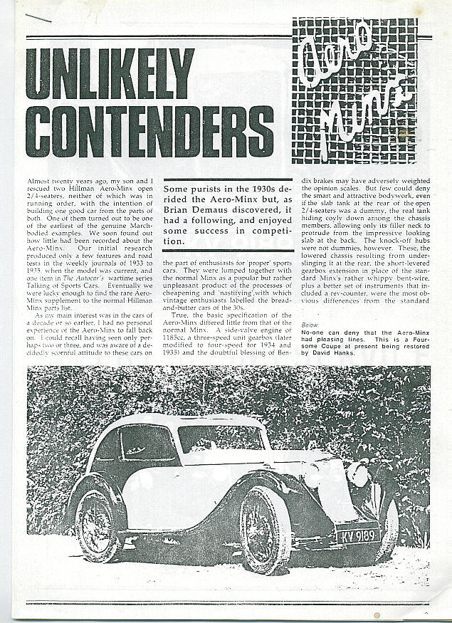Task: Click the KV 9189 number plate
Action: pyautogui.click(x=356, y=534)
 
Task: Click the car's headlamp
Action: pyautogui.click(x=358, y=475)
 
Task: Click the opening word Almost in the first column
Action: pyautogui.click(x=41, y=182)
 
